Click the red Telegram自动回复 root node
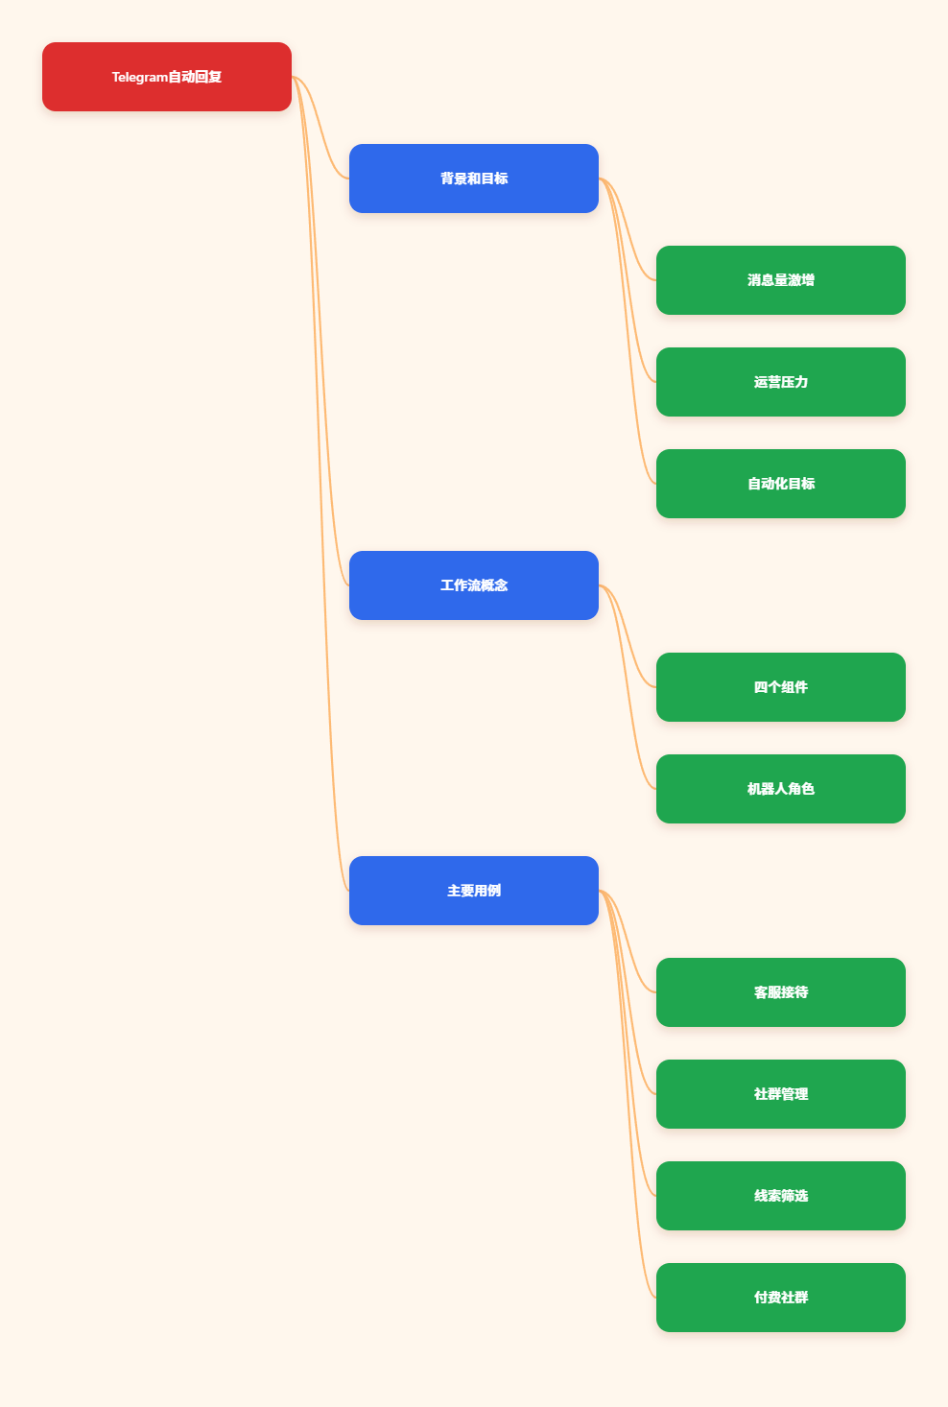(166, 77)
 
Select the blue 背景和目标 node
(473, 179)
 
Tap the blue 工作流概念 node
(473, 585)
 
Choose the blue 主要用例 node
(473, 891)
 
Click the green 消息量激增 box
(780, 280)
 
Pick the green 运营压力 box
(780, 382)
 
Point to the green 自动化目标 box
(780, 484)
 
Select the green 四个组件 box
(780, 687)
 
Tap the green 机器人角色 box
(780, 789)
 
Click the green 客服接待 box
(780, 992)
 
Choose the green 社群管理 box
(780, 1094)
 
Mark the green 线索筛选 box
(780, 1196)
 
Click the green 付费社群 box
(780, 1298)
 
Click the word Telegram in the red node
(139, 77)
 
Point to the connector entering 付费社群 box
(628, 1094)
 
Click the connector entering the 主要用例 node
(320, 484)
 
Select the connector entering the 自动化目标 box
(628, 331)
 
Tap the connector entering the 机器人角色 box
(628, 687)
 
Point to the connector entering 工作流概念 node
(320, 331)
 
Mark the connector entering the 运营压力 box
(628, 280)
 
